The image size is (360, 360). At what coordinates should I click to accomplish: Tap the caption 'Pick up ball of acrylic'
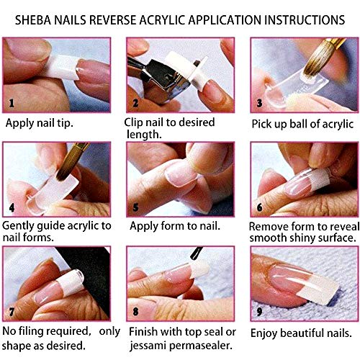302,124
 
